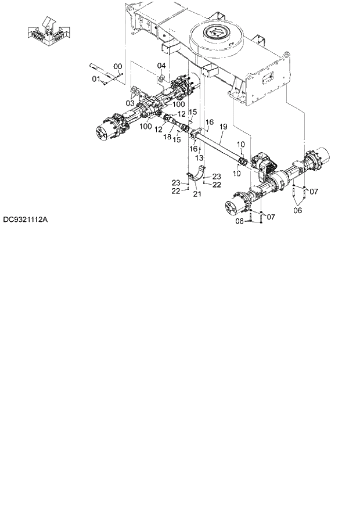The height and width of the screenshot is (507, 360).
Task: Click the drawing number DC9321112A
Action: click(26, 220)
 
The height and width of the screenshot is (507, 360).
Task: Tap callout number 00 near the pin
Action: click(118, 66)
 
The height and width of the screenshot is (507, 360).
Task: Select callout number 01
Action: click(96, 78)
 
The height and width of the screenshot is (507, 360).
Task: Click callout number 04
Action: click(161, 66)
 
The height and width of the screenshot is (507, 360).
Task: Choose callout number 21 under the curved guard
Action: click(197, 193)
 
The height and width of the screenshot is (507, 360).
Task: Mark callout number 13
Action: click(199, 157)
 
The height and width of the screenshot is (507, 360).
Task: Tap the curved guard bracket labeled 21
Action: click(199, 173)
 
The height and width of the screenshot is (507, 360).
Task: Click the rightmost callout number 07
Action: click(314, 191)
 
